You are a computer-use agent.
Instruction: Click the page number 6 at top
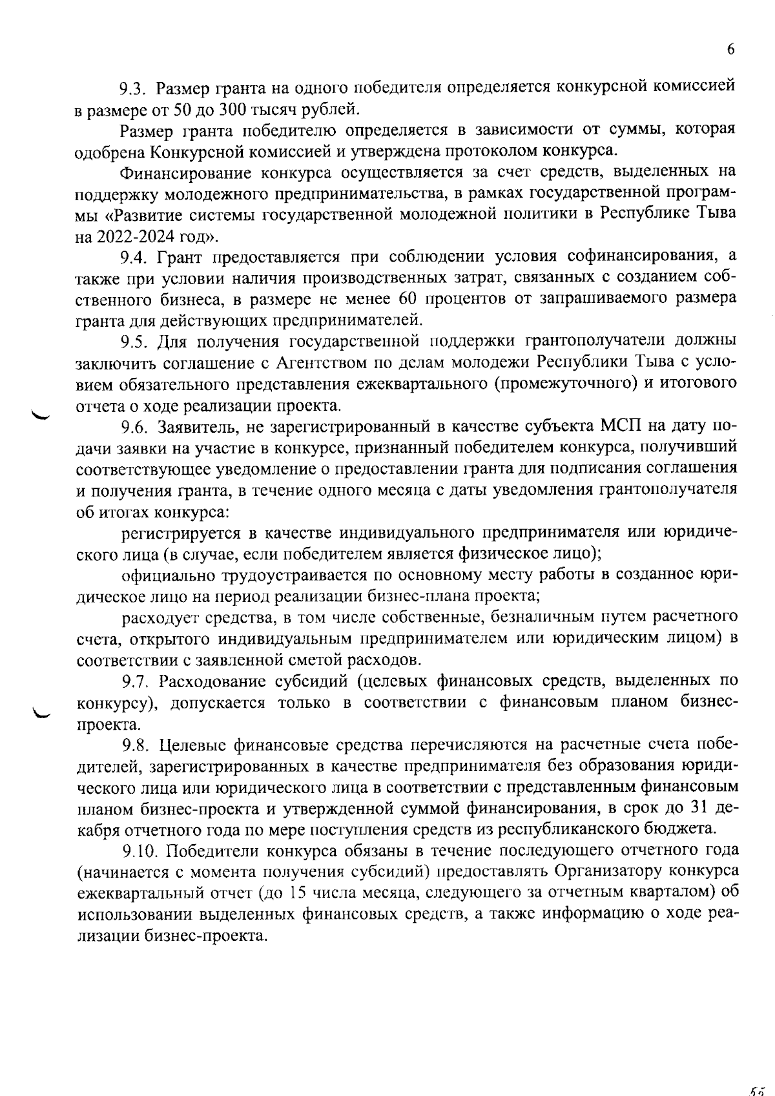pos(730,50)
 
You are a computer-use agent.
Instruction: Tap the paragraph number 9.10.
pos(139,851)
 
